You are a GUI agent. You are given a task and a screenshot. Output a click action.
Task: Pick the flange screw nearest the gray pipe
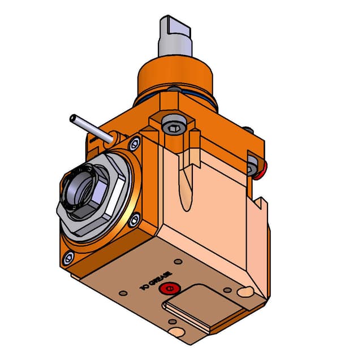[134, 143]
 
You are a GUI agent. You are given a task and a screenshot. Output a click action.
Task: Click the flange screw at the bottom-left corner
[68, 259]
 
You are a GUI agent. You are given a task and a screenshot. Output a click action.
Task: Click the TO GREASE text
[153, 281]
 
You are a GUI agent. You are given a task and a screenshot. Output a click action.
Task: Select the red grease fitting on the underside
[168, 290]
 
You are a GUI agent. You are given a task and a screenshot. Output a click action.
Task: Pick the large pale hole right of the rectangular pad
[244, 292]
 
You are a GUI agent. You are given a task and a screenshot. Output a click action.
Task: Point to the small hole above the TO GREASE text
[179, 262]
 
